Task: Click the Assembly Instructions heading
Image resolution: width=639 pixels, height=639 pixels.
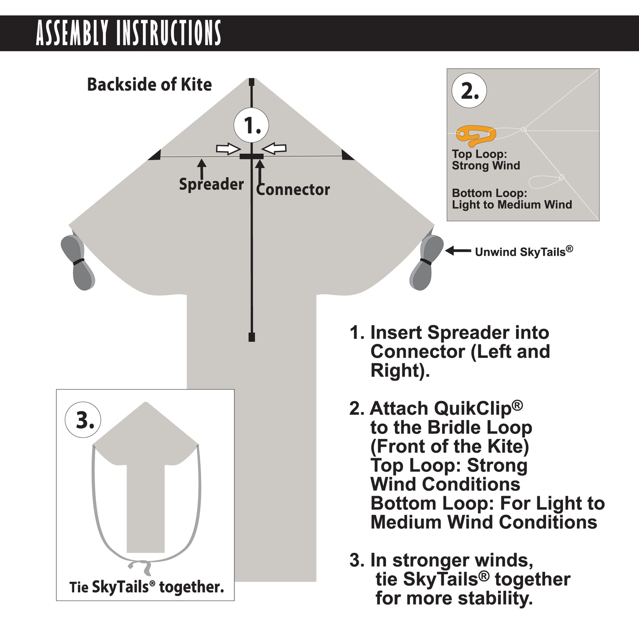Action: pyautogui.click(x=128, y=33)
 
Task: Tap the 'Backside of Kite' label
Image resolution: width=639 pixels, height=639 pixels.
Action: pyautogui.click(x=149, y=84)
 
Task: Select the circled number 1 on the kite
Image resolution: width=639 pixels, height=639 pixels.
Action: pyautogui.click(x=251, y=126)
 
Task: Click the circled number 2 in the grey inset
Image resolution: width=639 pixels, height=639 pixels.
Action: pyautogui.click(x=469, y=91)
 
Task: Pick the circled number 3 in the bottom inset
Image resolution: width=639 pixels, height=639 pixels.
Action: pyautogui.click(x=83, y=420)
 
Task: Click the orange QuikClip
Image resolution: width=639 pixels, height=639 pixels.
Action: pyautogui.click(x=476, y=135)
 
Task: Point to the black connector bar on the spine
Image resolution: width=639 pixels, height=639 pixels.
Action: pyautogui.click(x=251, y=157)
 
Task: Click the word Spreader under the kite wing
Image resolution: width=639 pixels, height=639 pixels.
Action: pyautogui.click(x=211, y=184)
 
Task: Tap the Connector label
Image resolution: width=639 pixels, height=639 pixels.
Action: pyautogui.click(x=293, y=190)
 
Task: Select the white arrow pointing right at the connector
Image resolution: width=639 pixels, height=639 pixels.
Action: pyautogui.click(x=228, y=149)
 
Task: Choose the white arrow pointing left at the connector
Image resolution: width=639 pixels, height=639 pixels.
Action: pyautogui.click(x=275, y=149)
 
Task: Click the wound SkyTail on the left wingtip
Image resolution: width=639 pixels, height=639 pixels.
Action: pyautogui.click(x=78, y=262)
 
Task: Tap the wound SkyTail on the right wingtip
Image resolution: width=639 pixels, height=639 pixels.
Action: pyautogui.click(x=426, y=262)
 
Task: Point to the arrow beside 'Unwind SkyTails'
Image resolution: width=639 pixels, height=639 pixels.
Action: pyautogui.click(x=458, y=251)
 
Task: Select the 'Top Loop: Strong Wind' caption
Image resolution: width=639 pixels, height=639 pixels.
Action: pyautogui.click(x=486, y=160)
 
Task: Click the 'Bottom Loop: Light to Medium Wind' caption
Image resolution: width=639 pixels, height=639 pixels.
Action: pyautogui.click(x=512, y=199)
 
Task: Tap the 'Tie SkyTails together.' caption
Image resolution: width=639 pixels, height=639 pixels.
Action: pyautogui.click(x=146, y=587)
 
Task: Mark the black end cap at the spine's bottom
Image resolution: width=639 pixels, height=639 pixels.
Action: pyautogui.click(x=252, y=337)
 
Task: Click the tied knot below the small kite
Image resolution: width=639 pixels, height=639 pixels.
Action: pyautogui.click(x=140, y=566)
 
